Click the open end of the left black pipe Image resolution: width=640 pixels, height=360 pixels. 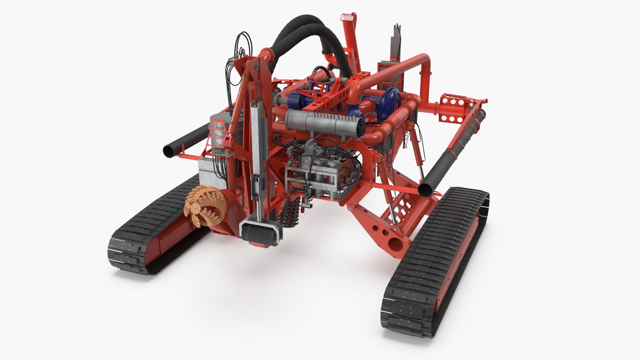(x=169, y=152)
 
